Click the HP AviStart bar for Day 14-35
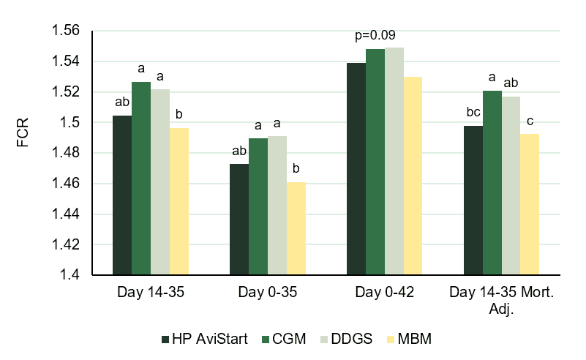[x=122, y=195]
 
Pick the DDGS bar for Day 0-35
[x=277, y=206]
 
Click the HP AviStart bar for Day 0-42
[x=356, y=169]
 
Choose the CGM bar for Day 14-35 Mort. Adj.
[x=492, y=183]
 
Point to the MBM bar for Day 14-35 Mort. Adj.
[x=530, y=204]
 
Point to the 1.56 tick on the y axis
[x=64, y=31]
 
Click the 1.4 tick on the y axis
[x=69, y=275]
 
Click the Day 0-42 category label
[x=384, y=293]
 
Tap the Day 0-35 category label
[x=267, y=293]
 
